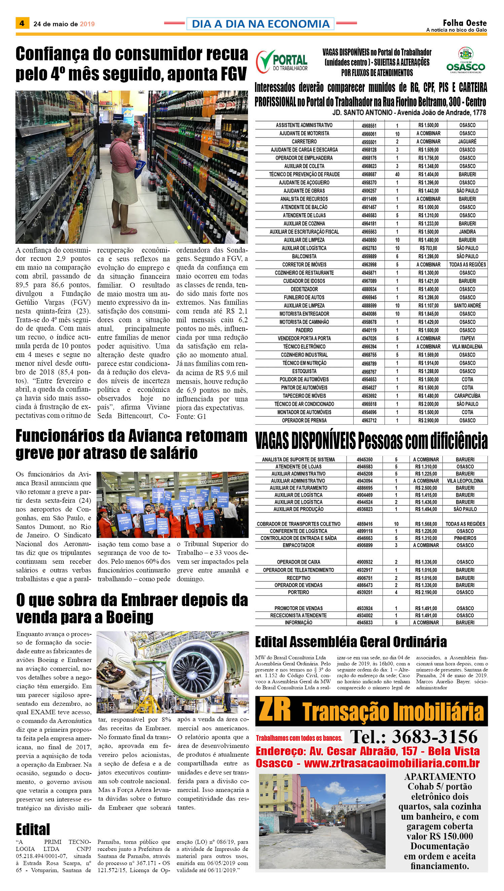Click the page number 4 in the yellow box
pos(22,23)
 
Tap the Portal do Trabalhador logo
pos(281,62)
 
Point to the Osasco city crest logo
pos(465,60)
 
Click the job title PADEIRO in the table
pos(304,330)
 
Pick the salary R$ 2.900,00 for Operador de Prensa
pos(428,420)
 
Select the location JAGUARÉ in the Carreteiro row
pos(467,142)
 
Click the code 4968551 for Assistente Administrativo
pos(369,125)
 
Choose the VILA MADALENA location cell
pos(467,346)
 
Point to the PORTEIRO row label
pos(298,592)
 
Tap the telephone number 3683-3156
pos(435,737)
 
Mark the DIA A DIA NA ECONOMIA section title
pos(260,24)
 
